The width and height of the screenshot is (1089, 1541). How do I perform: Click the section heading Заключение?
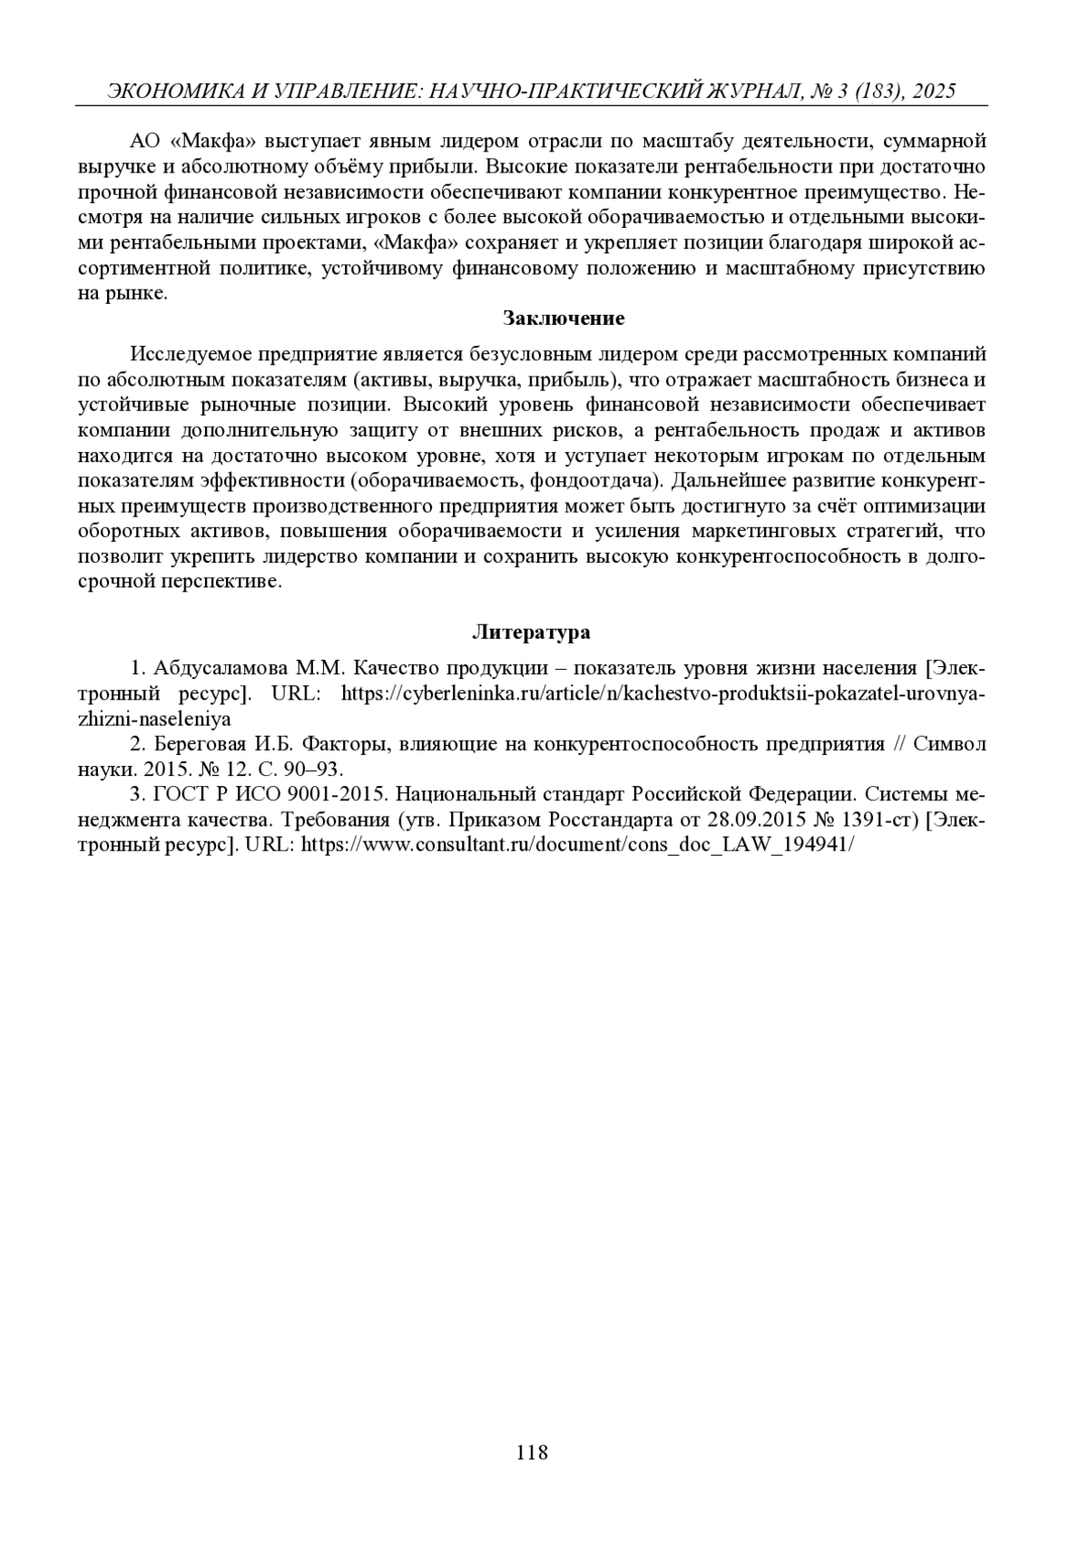(564, 319)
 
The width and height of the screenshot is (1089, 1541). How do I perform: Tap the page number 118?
(532, 1452)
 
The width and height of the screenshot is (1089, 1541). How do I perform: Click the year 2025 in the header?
(936, 91)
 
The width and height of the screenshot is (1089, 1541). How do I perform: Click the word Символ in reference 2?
(948, 744)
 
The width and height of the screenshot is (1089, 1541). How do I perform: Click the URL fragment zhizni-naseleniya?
(154, 719)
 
